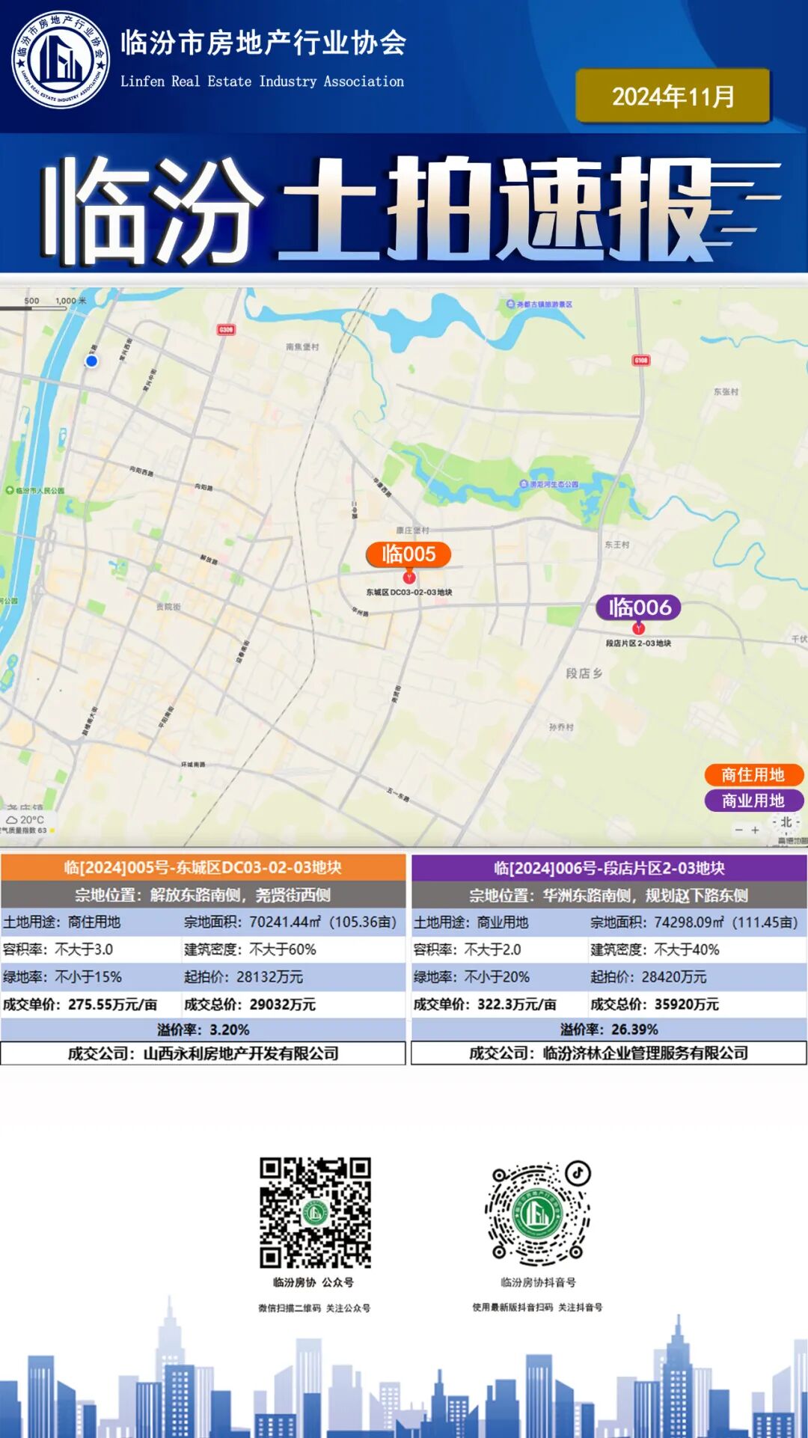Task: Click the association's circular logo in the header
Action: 61,60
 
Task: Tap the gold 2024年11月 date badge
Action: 673,96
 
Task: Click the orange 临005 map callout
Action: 408,554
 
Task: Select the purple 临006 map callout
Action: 638,608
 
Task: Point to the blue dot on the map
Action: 91,361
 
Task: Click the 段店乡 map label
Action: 584,673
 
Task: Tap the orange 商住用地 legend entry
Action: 753,775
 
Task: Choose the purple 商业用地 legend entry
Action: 753,801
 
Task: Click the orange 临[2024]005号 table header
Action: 203,868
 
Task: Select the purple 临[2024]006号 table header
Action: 609,868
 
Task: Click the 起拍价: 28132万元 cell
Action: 293,977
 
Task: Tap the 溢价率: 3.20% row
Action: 203,1029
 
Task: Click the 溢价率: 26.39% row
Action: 609,1029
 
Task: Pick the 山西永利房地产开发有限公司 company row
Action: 203,1053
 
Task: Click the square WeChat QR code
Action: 315,1212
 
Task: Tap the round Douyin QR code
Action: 537,1212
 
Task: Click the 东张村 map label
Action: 726,391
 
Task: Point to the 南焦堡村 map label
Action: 302,347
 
